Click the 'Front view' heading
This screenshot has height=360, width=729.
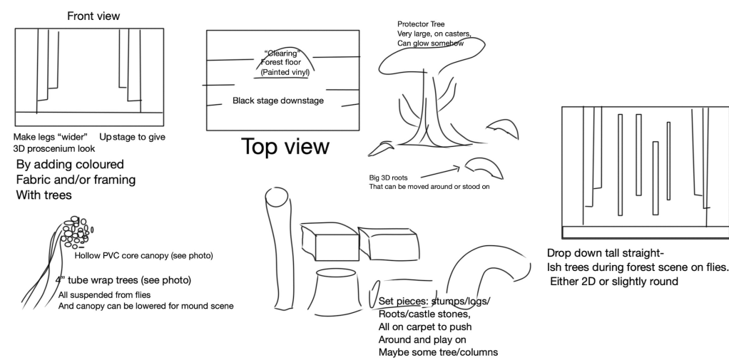[x=93, y=16]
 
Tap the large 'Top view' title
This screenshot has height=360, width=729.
[x=285, y=148]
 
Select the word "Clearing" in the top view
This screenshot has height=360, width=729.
[x=281, y=52]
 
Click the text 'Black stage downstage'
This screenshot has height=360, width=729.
[x=278, y=101]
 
